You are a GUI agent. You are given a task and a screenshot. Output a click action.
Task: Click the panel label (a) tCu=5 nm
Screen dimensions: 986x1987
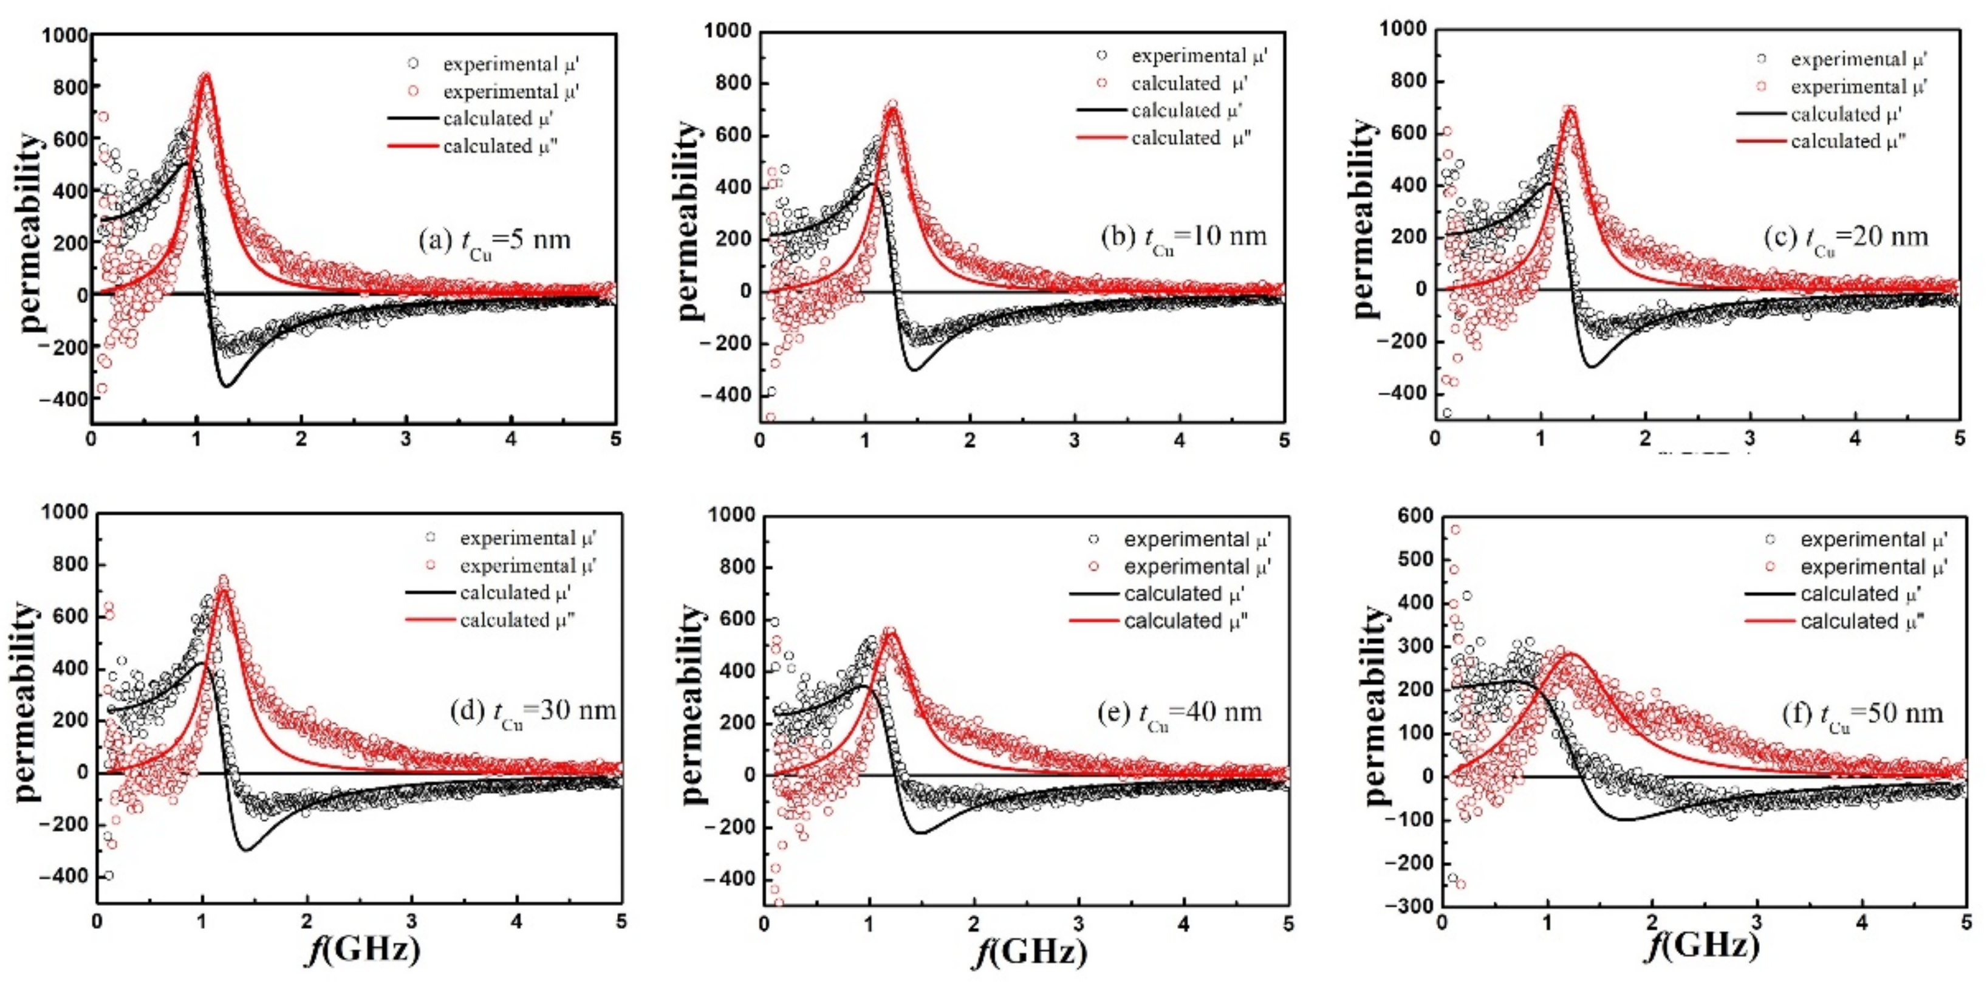pyautogui.click(x=494, y=240)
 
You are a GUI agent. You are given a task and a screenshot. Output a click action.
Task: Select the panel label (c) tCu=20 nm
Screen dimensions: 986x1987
pyautogui.click(x=1845, y=237)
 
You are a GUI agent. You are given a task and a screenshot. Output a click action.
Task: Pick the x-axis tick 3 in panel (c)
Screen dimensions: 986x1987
pyautogui.click(x=1750, y=438)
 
